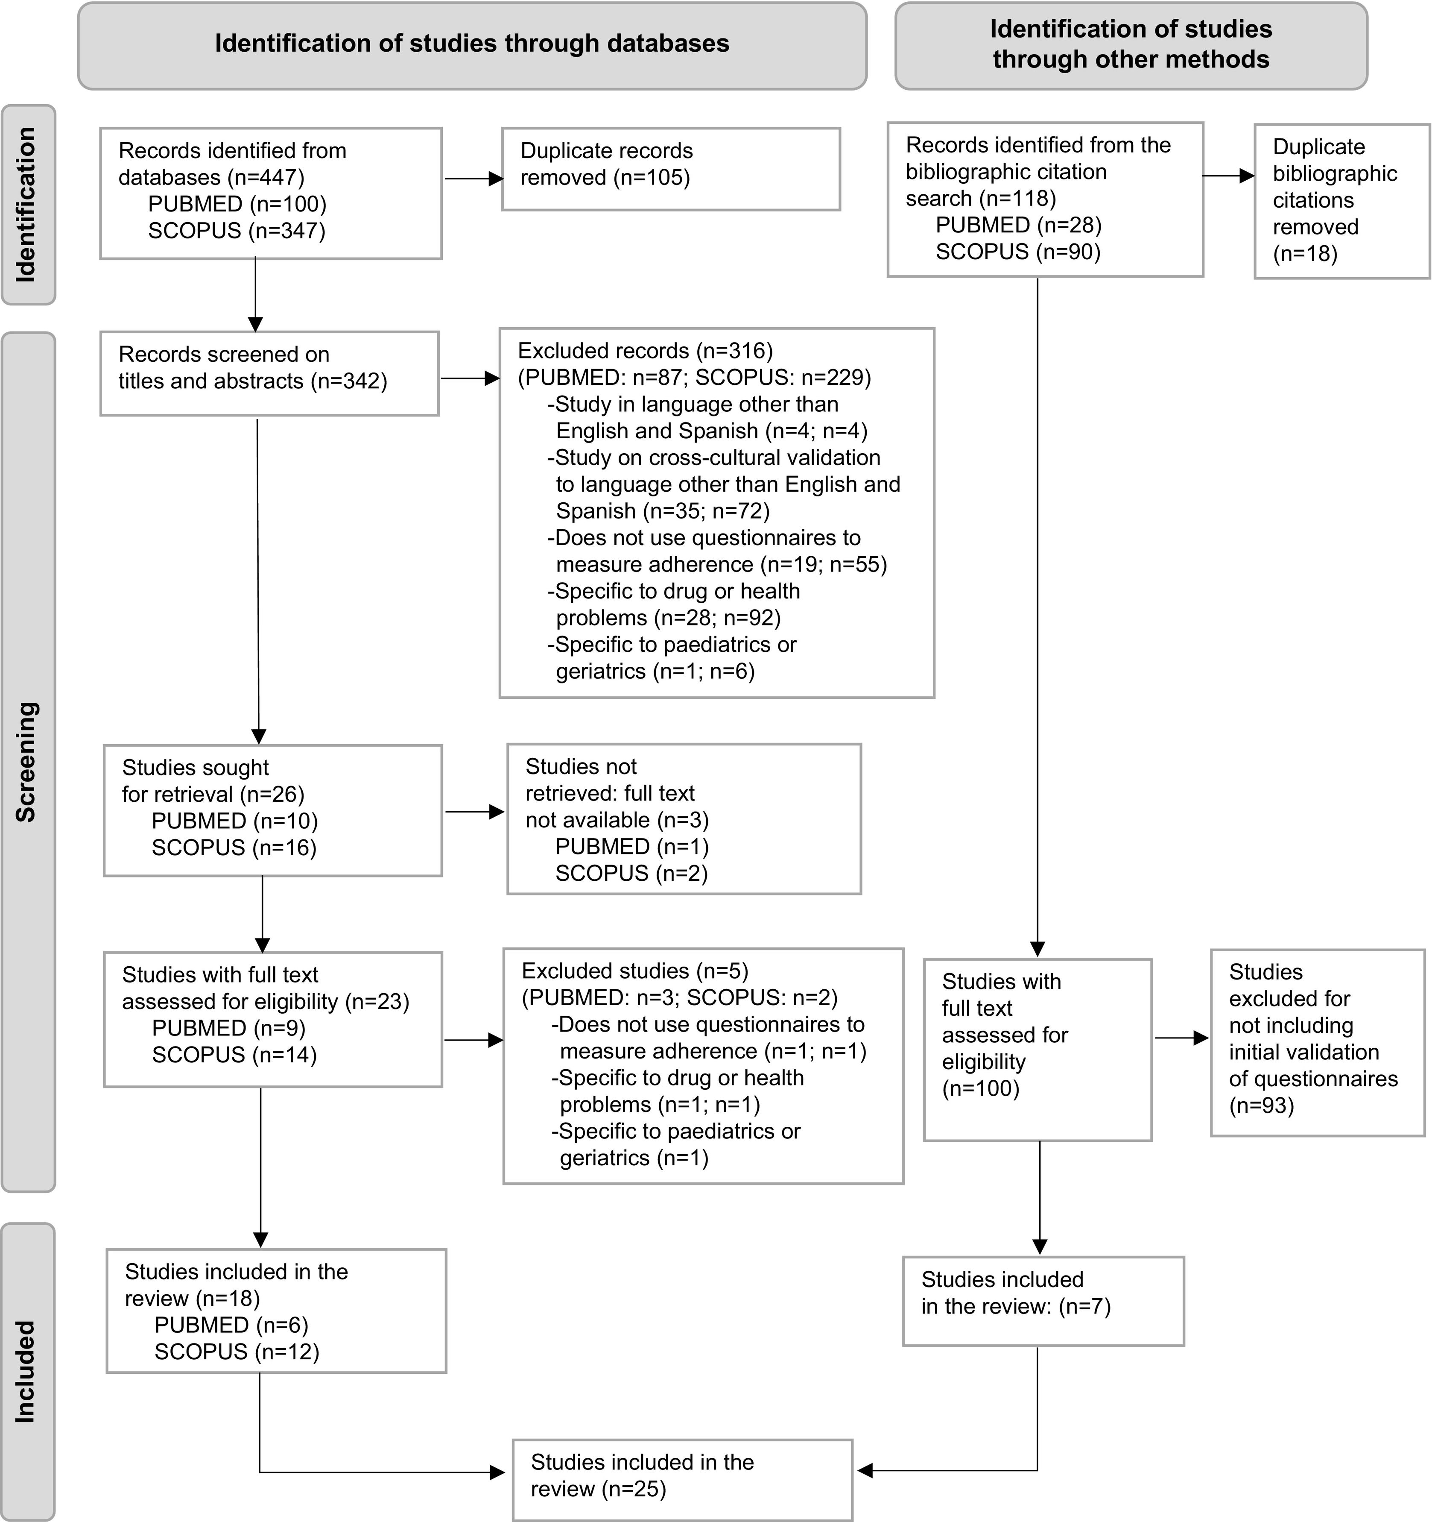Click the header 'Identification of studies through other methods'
(x=1131, y=44)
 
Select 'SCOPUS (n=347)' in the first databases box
(x=237, y=230)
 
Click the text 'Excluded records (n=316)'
(x=645, y=351)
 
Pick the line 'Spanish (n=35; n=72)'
(x=662, y=510)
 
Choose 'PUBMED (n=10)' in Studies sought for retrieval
(x=234, y=821)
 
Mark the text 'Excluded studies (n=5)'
(x=634, y=971)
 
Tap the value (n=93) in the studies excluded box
(x=1261, y=1106)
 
